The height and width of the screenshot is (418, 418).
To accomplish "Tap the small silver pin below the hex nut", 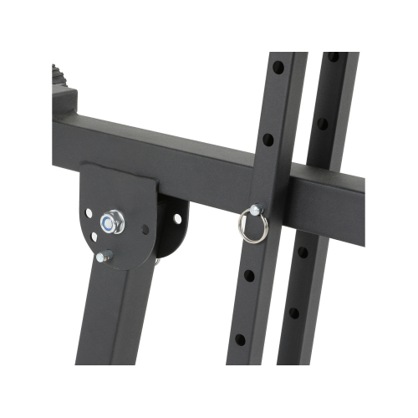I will [x=103, y=257].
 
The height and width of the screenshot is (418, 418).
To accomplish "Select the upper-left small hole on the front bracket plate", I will [x=89, y=212].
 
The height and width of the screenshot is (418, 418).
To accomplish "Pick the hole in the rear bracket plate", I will [x=177, y=218].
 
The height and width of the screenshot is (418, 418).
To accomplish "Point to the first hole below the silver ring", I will [x=248, y=275].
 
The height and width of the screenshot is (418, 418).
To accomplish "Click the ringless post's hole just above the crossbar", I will [x=322, y=123].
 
